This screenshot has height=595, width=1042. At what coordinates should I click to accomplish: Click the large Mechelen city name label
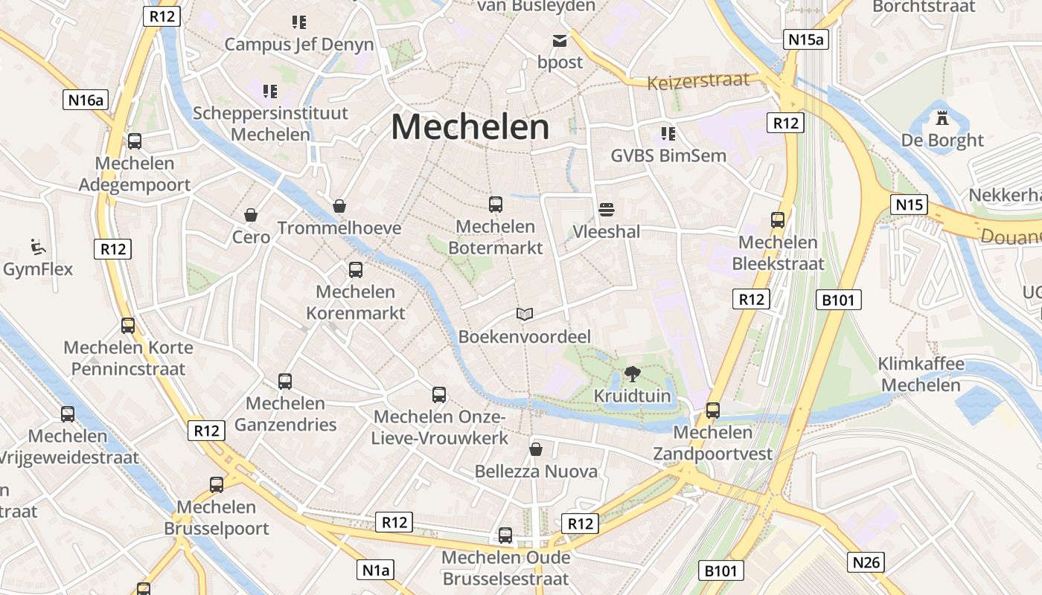[x=470, y=127]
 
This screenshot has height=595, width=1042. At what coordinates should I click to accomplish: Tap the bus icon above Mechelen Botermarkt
[x=496, y=205]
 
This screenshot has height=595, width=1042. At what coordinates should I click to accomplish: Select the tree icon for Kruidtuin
[x=632, y=374]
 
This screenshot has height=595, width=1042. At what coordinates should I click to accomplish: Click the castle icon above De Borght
[x=942, y=118]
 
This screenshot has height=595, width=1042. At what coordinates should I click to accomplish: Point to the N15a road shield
[x=806, y=39]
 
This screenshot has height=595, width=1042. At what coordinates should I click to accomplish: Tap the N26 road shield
[x=866, y=562]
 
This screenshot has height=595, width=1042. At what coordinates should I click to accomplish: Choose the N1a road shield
[x=376, y=570]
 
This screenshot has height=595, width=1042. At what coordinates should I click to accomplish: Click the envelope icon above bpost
[x=559, y=40]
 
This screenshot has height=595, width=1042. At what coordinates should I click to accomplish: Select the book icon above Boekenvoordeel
[x=525, y=315]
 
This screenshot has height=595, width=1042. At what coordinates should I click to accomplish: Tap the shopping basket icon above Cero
[x=251, y=215]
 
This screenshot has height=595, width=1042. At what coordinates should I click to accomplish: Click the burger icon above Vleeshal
[x=606, y=209]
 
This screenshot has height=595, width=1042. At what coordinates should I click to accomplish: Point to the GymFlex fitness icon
[x=37, y=246]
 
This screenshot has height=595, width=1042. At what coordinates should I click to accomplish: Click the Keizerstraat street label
[x=698, y=80]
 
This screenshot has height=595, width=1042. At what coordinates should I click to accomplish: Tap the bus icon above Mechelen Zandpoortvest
[x=712, y=410]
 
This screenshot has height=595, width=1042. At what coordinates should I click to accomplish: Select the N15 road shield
[x=909, y=205]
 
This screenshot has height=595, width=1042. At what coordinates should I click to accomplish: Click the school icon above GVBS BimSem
[x=668, y=134]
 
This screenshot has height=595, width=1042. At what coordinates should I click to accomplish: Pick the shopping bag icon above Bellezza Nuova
[x=535, y=449]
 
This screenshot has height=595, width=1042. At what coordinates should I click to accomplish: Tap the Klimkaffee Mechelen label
[x=921, y=375]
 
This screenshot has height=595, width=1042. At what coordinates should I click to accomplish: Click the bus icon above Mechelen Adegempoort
[x=135, y=141]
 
